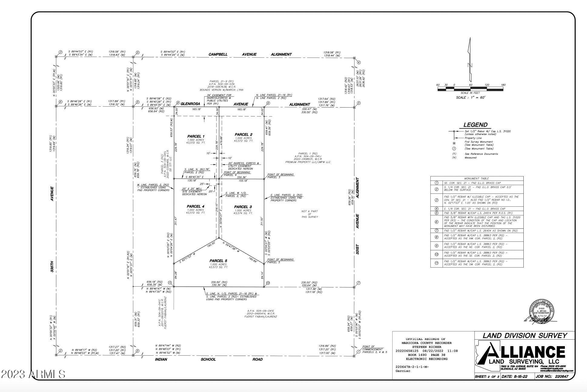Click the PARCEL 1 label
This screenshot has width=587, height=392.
196,136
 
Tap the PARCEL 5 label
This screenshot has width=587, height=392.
218,261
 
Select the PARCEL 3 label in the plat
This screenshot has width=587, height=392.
243,207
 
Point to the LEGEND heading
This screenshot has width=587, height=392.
476,125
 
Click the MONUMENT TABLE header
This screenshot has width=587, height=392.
476,178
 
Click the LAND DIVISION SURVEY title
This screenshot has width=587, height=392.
524,336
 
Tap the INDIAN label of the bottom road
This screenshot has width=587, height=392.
161,359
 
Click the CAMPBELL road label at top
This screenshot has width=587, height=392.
218,55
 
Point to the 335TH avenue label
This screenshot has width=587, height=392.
52,265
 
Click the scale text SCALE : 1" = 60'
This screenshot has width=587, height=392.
470,98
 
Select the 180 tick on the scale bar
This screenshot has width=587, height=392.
503,85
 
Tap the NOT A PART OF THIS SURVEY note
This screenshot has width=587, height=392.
310,214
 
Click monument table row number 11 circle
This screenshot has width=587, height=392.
436,263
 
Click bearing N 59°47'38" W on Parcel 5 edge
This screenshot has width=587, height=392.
231,247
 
